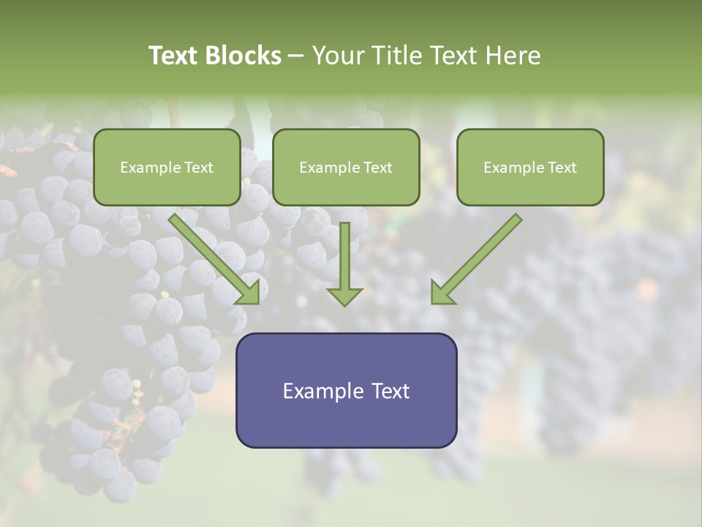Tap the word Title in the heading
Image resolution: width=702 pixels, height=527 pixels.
[x=398, y=56]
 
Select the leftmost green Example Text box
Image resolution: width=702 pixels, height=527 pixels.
[x=167, y=167]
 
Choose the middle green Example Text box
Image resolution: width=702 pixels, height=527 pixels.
[x=346, y=167]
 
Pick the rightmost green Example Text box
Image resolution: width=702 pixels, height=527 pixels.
[x=530, y=167]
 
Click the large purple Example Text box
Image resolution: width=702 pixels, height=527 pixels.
[x=346, y=390]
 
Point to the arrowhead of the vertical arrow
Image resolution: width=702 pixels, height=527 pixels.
[x=344, y=296]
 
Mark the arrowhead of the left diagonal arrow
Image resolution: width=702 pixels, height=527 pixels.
[x=249, y=293]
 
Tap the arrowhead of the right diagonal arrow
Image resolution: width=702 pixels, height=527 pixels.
[x=441, y=293]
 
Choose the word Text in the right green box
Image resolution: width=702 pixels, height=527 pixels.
[x=562, y=168]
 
